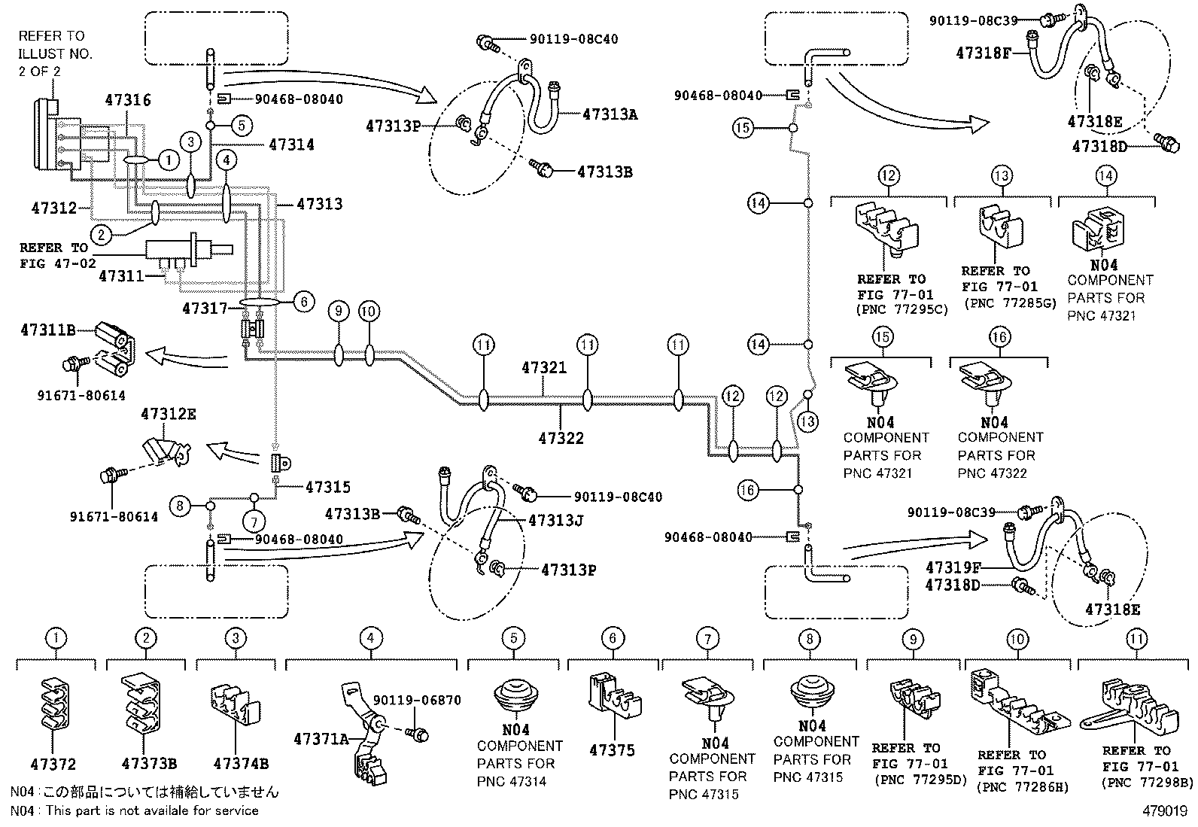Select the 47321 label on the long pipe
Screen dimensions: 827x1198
544,368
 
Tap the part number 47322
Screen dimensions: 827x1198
561,437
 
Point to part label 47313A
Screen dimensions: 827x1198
610,114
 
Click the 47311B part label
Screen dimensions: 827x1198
47,330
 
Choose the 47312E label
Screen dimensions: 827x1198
169,414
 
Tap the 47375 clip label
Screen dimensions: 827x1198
612,750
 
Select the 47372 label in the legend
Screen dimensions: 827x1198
53,765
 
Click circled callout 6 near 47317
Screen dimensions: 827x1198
303,302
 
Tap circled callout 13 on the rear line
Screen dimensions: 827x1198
807,421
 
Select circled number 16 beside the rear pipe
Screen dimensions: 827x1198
747,491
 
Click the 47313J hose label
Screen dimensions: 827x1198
556,520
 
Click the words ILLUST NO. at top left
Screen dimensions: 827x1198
55,53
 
